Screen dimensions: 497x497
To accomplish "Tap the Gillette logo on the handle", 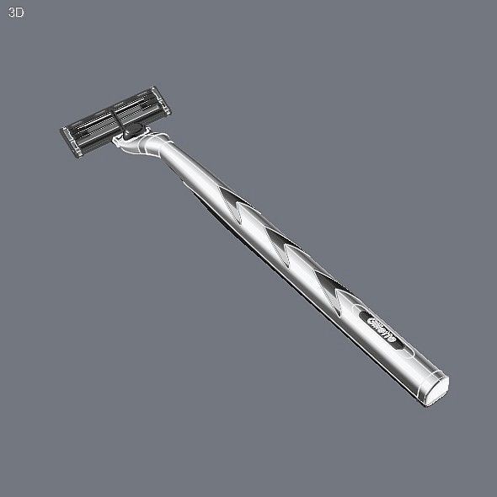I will click(384, 327).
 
